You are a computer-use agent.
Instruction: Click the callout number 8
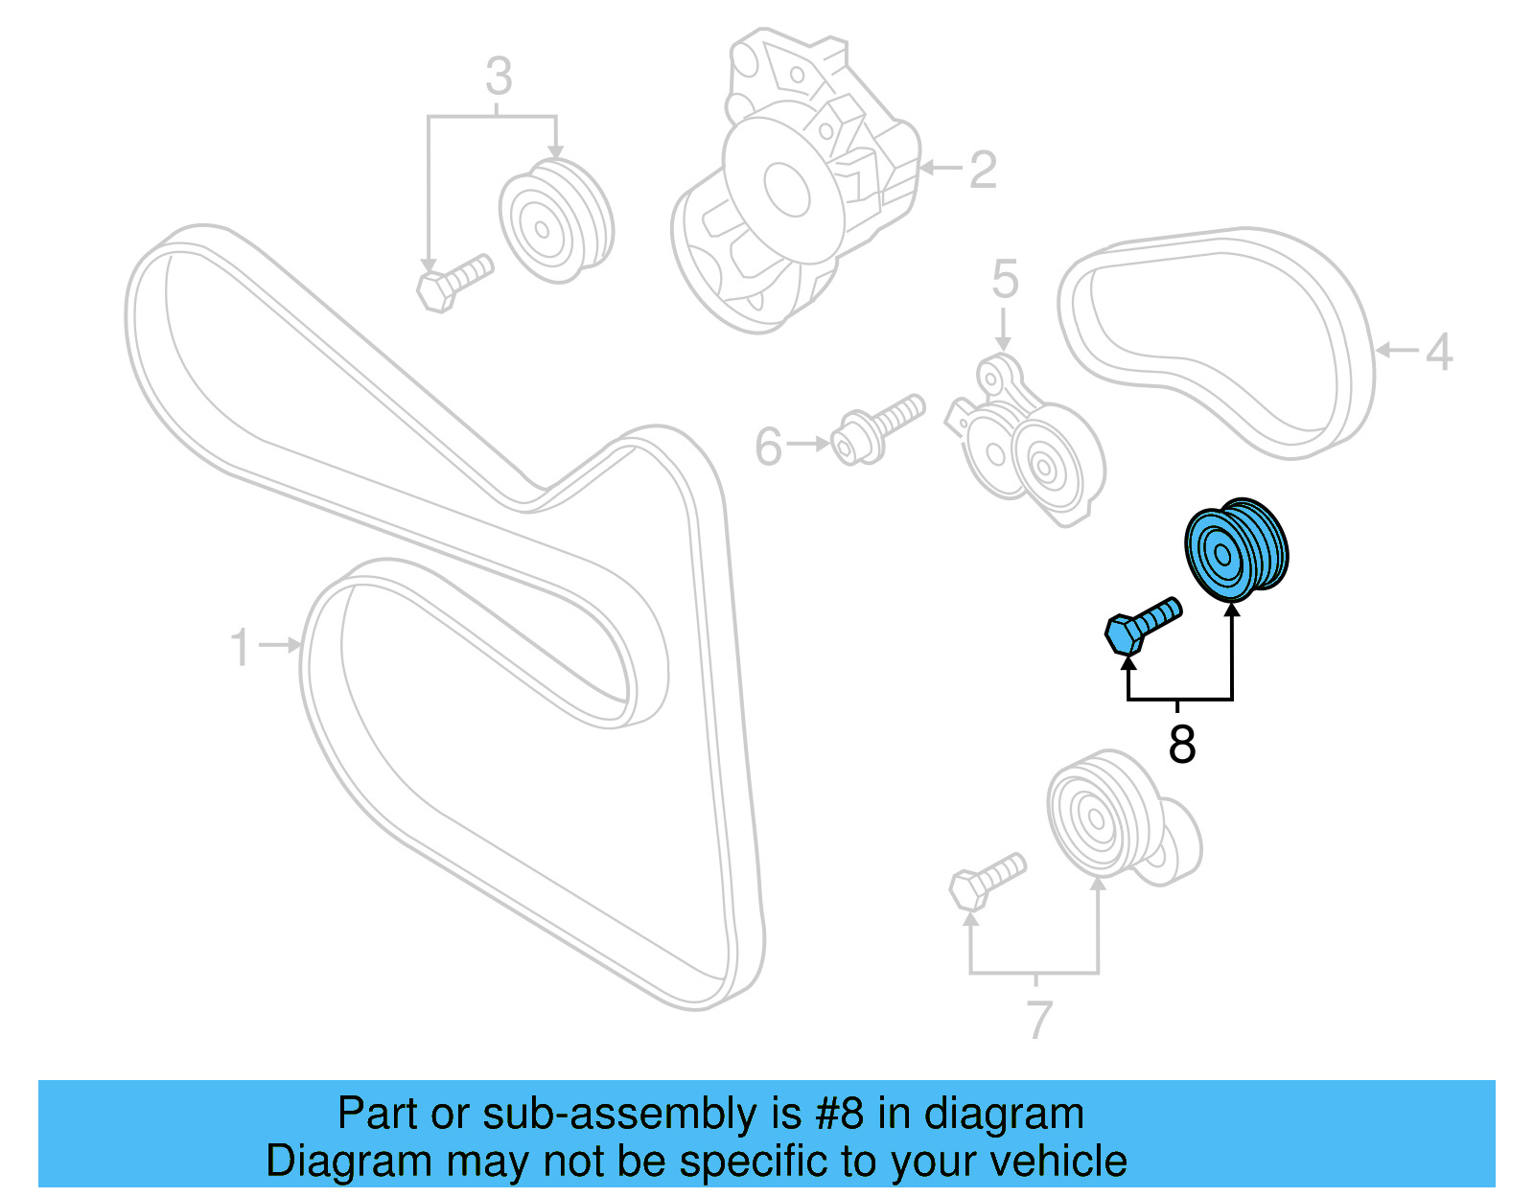point(1181,744)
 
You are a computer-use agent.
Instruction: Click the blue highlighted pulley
point(1235,551)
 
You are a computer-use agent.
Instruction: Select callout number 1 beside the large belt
point(241,647)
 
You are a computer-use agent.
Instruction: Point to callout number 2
point(983,170)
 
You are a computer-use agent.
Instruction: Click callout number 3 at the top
point(499,76)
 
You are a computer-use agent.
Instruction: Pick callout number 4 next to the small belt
point(1438,352)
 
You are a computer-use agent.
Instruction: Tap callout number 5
point(1004,279)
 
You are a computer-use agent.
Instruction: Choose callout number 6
point(769,447)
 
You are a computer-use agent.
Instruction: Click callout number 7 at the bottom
point(1039,1019)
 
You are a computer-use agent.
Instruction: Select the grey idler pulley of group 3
point(554,221)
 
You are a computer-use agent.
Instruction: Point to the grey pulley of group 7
point(1103,815)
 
